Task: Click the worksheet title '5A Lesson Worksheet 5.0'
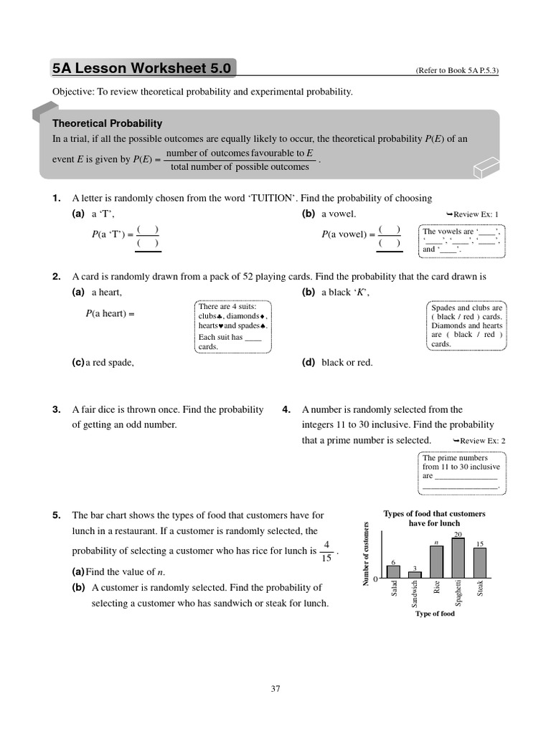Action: tap(141, 69)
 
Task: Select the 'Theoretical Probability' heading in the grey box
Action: tap(107, 123)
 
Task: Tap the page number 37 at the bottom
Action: tap(275, 689)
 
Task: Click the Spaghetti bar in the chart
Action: tap(457, 558)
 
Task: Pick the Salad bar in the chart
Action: tap(393, 571)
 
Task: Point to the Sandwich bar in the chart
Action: tap(415, 574)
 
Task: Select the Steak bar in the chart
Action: tap(479, 563)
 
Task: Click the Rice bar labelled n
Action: tap(436, 561)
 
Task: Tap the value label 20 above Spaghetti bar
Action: tap(457, 535)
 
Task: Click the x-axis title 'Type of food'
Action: tap(435, 614)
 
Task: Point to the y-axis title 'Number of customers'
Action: tap(366, 554)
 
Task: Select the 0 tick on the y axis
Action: tap(375, 578)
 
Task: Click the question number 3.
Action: tap(56, 410)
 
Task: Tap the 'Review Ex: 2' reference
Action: tap(479, 441)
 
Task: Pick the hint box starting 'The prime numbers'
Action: tap(461, 472)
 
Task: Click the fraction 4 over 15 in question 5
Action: tap(326, 552)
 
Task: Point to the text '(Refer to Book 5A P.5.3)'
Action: tap(456, 71)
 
